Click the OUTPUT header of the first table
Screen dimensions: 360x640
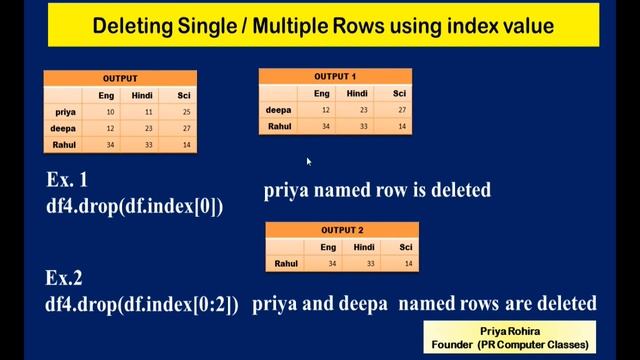[120, 78]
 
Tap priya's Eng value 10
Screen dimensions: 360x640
[107, 112]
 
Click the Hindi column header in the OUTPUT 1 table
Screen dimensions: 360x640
[357, 93]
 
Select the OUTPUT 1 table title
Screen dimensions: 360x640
[335, 76]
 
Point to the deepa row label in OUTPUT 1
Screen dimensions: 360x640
[278, 110]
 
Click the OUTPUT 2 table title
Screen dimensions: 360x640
[342, 229]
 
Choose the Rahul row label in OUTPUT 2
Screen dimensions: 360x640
[286, 263]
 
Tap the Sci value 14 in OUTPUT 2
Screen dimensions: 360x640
[405, 263]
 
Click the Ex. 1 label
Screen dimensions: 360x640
[67, 181]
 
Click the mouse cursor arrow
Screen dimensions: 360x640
[309, 161]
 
